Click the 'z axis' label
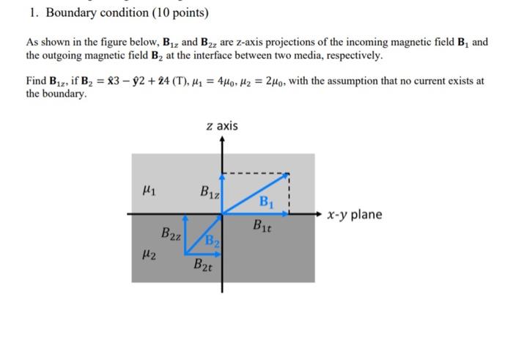tap(222, 126)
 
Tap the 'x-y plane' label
tap(355, 214)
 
